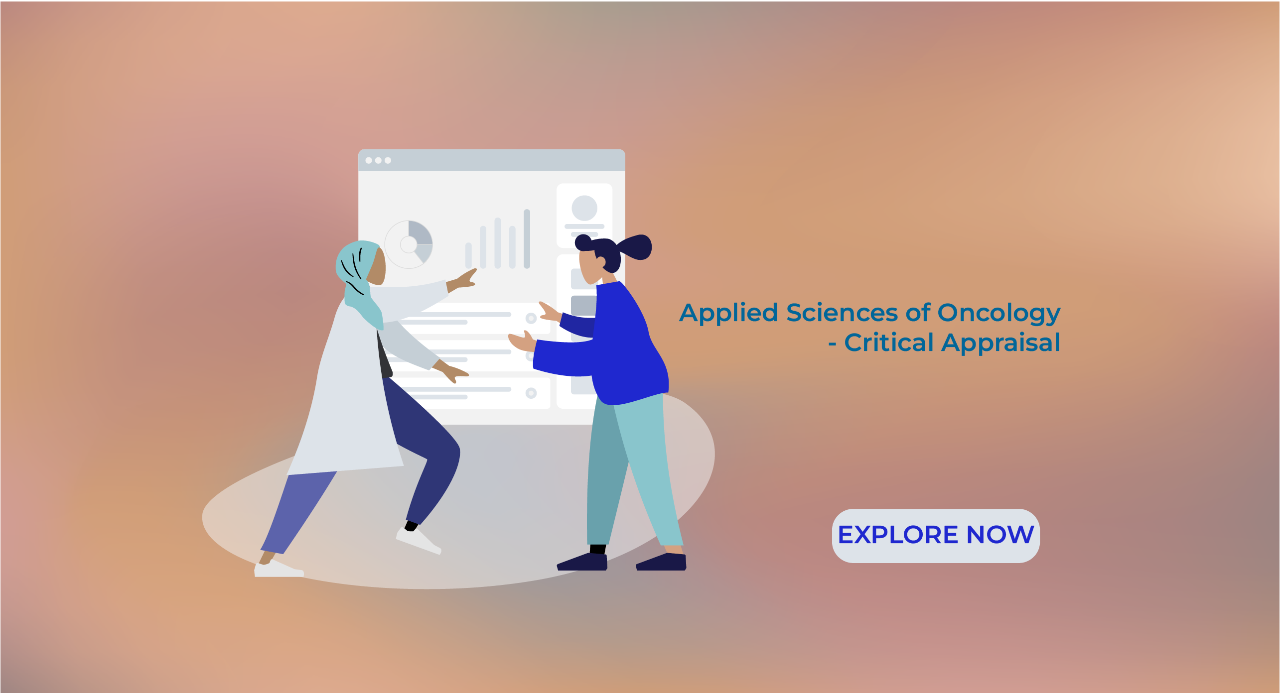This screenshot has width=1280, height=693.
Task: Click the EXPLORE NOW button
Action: pyautogui.click(x=935, y=536)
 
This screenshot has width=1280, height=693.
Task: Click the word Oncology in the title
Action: pyautogui.click(x=999, y=314)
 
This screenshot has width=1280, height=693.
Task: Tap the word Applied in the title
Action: pyautogui.click(x=729, y=314)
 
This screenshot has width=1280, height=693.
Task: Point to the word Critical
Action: pyautogui.click(x=889, y=343)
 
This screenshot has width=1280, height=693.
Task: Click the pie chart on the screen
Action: pyautogui.click(x=409, y=244)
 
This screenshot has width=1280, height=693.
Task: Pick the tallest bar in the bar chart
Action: pyautogui.click(x=527, y=238)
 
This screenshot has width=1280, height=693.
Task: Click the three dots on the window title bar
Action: pyautogui.click(x=378, y=160)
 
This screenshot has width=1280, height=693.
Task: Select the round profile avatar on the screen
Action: pyautogui.click(x=584, y=208)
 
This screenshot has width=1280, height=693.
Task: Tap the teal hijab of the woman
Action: pyautogui.click(x=358, y=279)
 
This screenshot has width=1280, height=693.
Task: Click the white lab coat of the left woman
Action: pyautogui.click(x=349, y=393)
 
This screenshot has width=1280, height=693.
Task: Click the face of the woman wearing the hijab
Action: pyautogui.click(x=377, y=266)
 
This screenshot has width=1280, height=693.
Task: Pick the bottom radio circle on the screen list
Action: pyautogui.click(x=531, y=393)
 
